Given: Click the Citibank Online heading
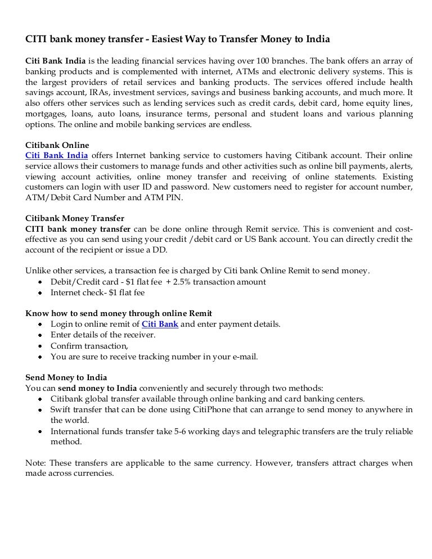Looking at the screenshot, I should click(57, 145).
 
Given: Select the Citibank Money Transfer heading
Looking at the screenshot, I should click(75, 218).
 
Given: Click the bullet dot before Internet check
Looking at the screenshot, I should click(39, 293).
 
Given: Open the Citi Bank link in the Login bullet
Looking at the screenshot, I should click(160, 324).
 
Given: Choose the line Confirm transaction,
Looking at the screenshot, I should click(89, 345).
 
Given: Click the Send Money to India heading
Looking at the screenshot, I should click(66, 377).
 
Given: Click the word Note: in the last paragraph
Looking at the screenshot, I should click(37, 463).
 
